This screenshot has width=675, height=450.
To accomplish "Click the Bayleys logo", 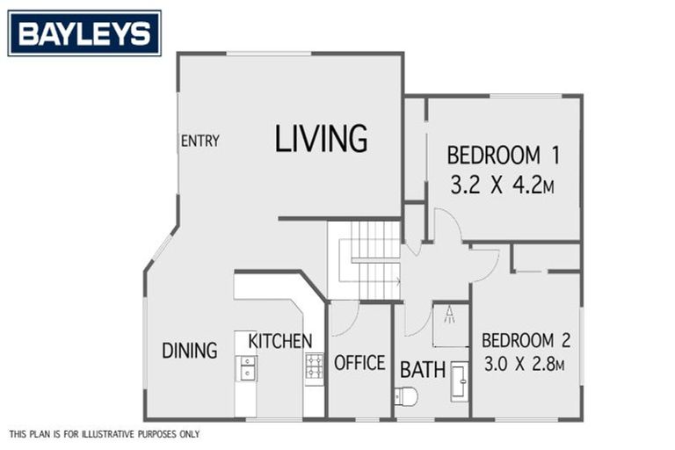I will point(84,33).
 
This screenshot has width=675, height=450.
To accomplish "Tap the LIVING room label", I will point(321,139).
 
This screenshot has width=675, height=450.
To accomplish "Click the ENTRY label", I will point(200,141).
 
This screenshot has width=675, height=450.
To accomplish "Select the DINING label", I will point(189,351).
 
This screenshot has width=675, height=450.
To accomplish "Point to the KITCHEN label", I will point(279,341).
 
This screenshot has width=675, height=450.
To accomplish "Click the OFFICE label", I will point(359,362).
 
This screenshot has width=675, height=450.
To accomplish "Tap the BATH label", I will point(423,370).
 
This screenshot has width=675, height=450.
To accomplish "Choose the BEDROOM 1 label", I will point(503,156).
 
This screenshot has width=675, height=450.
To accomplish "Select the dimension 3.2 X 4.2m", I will point(503,186).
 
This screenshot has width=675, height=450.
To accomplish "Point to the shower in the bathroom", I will point(450,324).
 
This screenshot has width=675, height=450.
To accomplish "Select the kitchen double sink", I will point(246,367).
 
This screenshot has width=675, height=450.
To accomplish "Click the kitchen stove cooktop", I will point(314,366).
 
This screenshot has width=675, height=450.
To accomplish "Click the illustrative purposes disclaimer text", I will point(104,434).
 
